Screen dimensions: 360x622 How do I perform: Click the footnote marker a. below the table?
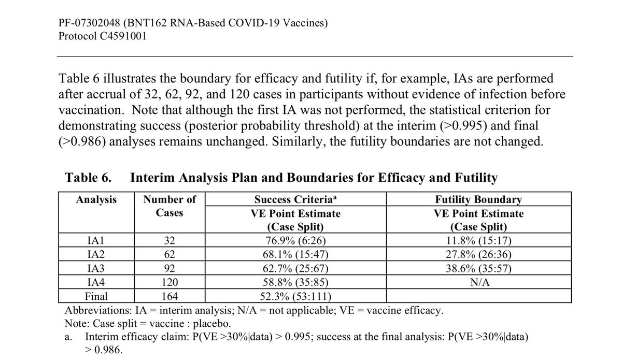[69, 336]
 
